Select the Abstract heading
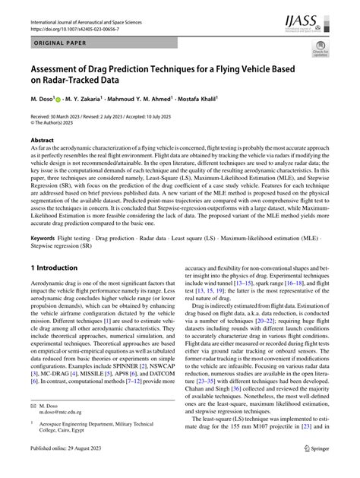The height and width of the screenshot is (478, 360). (43, 141)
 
